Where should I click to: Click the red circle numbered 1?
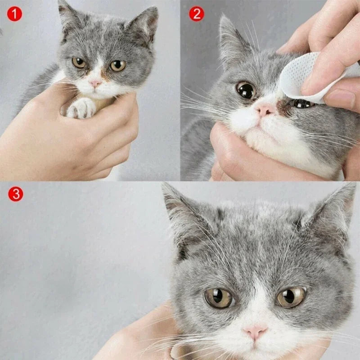pos(14,14)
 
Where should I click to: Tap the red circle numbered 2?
pos(196,14)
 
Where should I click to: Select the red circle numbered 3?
pos(16,194)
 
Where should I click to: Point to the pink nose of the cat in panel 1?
pos(95,84)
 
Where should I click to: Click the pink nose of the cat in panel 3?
pos(255,332)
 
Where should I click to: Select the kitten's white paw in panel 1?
pos(81,108)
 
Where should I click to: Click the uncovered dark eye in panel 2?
pos(246,90)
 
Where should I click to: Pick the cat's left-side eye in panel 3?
pos(219,297)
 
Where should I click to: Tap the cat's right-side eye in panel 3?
pos(291,297)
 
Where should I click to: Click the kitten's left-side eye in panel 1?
pos(79,63)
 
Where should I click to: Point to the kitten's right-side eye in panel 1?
pos(117,65)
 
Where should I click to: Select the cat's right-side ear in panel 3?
pos(335,211)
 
